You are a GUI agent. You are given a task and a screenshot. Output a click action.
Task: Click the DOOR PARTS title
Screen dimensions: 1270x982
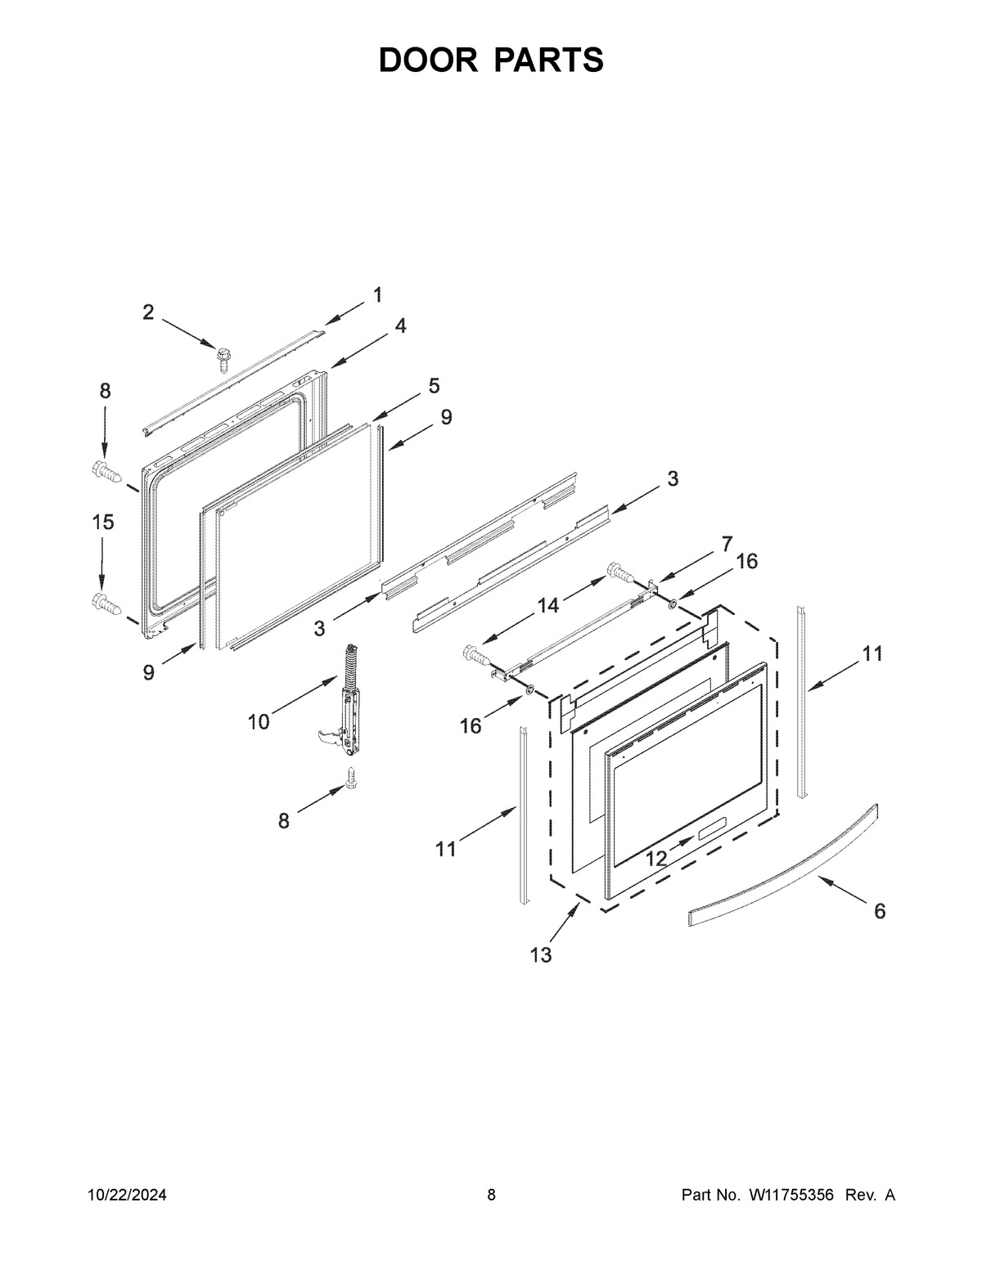(491, 61)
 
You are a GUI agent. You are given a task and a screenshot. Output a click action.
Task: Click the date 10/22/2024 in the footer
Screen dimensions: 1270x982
(127, 1196)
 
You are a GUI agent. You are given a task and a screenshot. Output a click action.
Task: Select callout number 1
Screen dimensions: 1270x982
(377, 295)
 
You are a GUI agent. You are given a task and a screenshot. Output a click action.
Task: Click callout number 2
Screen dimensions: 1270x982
(148, 312)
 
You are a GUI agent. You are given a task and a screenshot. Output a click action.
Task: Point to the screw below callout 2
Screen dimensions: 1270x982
(222, 357)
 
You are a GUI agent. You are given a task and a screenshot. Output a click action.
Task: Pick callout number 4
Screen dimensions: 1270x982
(399, 325)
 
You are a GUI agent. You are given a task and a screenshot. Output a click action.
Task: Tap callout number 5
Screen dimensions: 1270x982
(433, 385)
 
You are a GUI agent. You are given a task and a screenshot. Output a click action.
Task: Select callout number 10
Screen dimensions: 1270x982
(258, 722)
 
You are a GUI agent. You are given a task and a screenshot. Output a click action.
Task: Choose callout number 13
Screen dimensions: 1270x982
(541, 954)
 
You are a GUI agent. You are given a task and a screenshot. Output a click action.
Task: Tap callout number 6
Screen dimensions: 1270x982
(880, 911)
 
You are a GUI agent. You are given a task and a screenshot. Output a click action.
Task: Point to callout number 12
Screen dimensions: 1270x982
(656, 858)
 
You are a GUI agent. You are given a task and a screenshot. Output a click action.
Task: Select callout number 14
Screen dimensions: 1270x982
(547, 605)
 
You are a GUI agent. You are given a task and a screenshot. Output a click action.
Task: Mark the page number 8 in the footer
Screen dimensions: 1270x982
(491, 1196)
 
